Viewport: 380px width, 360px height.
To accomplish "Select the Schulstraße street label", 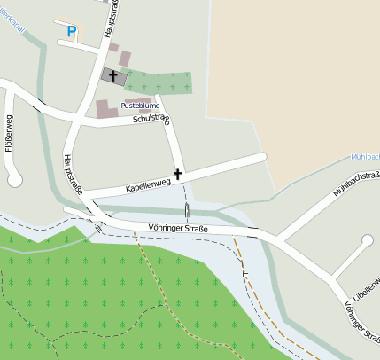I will (151, 118).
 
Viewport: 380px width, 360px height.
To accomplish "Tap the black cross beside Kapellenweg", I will (178, 174).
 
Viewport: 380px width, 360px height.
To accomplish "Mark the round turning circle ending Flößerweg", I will (14, 179).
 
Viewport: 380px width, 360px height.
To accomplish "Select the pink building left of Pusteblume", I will (105, 108).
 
